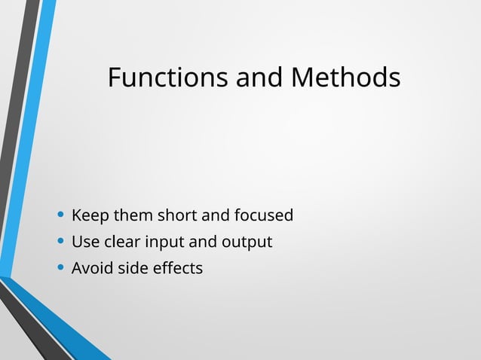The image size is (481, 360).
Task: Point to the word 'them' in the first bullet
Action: pos(133,216)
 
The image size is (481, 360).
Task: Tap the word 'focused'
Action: pos(263,216)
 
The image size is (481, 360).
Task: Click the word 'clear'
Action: pos(121,243)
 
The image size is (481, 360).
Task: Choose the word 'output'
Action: pos(247,243)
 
